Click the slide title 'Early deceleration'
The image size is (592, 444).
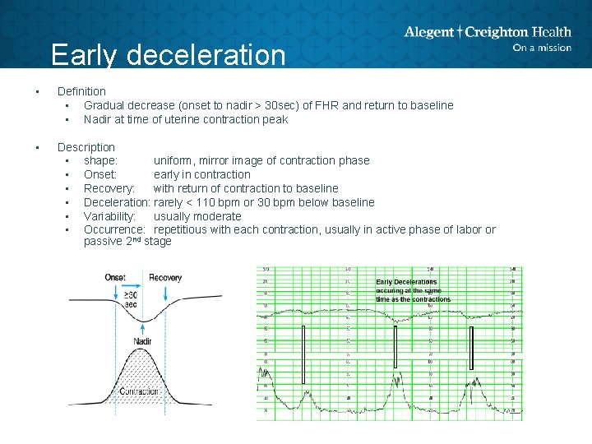[x=168, y=55]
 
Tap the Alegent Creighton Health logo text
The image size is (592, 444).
[x=487, y=32]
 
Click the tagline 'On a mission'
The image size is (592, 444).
[x=541, y=48]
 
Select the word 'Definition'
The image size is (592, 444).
[x=81, y=91]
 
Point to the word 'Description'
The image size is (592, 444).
[x=86, y=147]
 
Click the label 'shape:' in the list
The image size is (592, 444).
[x=101, y=160]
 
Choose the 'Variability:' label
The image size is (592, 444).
[x=114, y=216]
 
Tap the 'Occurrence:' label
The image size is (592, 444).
[x=115, y=229]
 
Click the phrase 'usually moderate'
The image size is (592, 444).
[x=197, y=216]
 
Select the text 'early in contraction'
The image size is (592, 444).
[x=202, y=174]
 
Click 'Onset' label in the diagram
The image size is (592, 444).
[x=115, y=278]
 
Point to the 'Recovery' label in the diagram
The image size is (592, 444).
[x=165, y=278]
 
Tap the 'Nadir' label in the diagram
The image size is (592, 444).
[x=142, y=340]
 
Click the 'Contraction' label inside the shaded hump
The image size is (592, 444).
[x=140, y=391]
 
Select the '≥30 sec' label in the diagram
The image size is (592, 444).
[x=131, y=299]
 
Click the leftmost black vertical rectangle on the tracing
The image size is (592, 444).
[x=303, y=354]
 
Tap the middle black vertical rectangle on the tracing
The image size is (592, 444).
[x=395, y=354]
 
